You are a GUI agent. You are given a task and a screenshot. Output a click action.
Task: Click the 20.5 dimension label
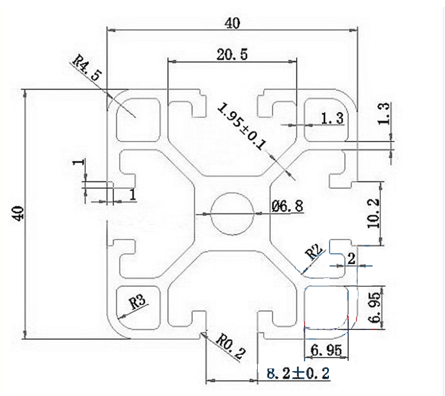tap(232, 54)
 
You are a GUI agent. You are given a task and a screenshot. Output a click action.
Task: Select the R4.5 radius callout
tap(87, 68)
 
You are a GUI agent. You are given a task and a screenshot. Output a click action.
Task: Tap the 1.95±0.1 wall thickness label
tap(241, 126)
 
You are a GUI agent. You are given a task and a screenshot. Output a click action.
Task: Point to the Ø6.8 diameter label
tap(287, 206)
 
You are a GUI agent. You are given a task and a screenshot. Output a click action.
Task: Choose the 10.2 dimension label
tap(374, 213)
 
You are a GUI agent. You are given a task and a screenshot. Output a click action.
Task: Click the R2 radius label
tap(314, 251)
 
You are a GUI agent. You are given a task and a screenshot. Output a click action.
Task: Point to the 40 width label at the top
tap(232, 23)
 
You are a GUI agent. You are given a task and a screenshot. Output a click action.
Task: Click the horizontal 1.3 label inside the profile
tap(332, 117)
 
